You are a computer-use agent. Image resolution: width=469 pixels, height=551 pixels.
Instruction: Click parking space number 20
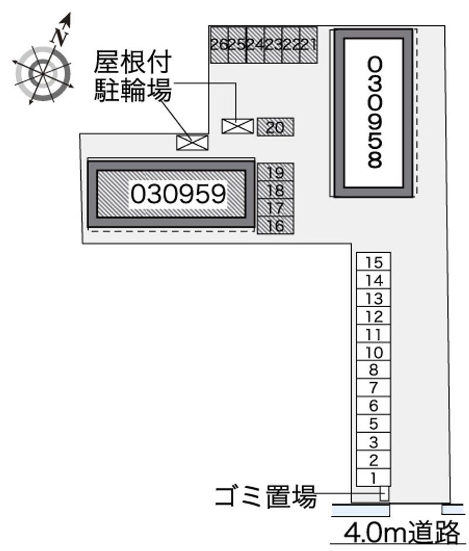click(x=276, y=127)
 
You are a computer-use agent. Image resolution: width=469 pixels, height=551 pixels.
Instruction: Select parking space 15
click(x=373, y=261)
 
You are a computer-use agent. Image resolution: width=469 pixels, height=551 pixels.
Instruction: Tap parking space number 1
click(x=373, y=478)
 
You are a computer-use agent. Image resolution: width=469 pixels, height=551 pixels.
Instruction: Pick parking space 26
click(x=219, y=45)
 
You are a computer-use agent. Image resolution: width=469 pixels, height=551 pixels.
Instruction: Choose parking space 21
click(x=309, y=45)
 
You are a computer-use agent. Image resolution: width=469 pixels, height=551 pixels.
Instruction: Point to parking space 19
click(x=276, y=172)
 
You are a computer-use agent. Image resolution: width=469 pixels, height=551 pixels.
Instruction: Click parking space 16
click(x=276, y=225)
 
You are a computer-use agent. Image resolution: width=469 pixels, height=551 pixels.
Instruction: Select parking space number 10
click(x=373, y=352)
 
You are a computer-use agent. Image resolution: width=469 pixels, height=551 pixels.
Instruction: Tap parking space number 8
click(x=373, y=370)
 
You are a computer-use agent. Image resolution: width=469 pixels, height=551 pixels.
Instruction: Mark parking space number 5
click(x=373, y=423)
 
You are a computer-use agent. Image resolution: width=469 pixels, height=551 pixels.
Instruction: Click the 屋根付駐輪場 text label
click(x=132, y=76)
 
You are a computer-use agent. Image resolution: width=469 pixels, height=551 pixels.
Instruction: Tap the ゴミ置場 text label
click(x=266, y=496)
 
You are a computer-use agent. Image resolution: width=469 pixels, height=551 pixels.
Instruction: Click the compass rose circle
click(x=43, y=74)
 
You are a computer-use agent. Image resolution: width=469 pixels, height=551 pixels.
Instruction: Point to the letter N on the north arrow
click(x=60, y=36)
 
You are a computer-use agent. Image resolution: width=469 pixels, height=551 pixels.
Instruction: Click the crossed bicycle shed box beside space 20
click(x=237, y=127)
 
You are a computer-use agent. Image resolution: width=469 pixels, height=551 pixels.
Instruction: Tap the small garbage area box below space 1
click(x=384, y=494)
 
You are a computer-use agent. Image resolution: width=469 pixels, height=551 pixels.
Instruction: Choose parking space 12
click(x=373, y=315)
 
